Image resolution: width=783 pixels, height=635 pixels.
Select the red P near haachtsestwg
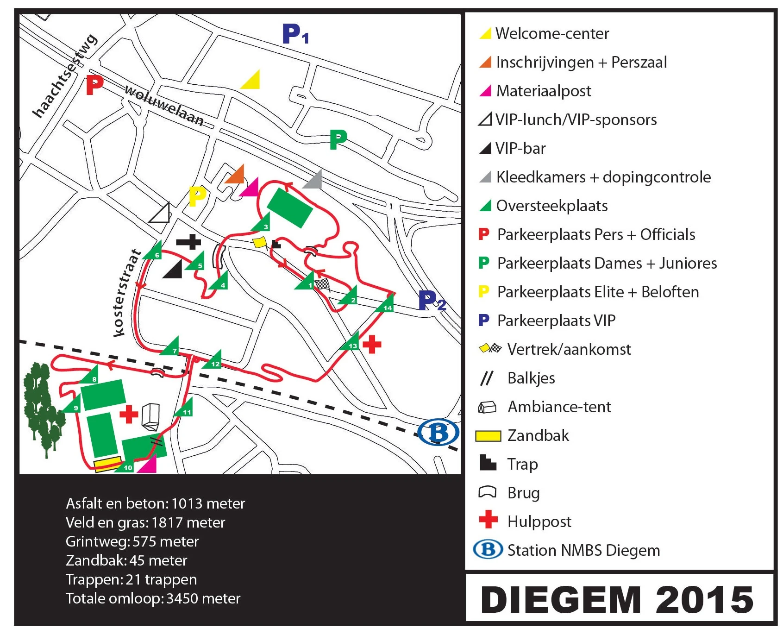[x=94, y=85]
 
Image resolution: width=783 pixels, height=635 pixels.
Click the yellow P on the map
[x=197, y=196]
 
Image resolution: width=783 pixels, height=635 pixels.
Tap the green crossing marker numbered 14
[x=387, y=305]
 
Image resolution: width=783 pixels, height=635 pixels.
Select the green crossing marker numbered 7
[x=172, y=348]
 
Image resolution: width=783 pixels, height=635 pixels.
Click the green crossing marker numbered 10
[x=126, y=466]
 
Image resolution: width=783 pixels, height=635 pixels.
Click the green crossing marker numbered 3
[x=263, y=224]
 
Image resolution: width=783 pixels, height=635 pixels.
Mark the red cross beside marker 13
[x=372, y=345]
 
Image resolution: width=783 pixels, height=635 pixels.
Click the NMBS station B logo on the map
[x=438, y=432]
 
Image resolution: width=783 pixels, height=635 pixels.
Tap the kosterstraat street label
[x=126, y=293]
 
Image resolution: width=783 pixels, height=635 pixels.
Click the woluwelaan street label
[x=164, y=106]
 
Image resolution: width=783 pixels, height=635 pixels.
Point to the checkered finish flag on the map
[x=322, y=284]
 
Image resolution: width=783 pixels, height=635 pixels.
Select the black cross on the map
[x=189, y=241]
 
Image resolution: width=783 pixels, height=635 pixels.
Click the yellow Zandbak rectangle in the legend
[x=488, y=436]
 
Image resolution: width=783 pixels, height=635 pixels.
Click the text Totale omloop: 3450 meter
[x=153, y=598]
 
